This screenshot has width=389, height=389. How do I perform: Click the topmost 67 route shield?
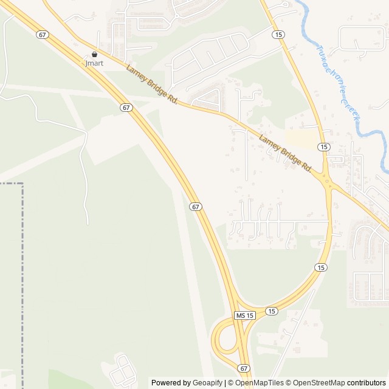coord(41,35)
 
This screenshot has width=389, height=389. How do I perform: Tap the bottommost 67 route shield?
coord(244,368)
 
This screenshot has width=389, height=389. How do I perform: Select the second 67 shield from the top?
coord(126,107)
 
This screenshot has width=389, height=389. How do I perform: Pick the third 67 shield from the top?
coord(195,207)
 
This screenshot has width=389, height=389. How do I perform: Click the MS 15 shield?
coord(244,315)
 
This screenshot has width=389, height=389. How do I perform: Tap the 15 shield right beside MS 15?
coord(271,311)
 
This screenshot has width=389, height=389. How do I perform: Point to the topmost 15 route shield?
coord(278,34)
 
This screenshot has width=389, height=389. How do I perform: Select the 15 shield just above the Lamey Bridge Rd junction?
coord(323,147)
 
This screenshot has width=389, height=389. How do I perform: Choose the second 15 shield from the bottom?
coord(321,267)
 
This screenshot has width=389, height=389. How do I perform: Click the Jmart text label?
coord(94,63)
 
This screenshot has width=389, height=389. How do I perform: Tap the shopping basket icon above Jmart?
coord(94,54)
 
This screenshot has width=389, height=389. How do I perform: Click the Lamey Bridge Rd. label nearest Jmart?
coord(151,84)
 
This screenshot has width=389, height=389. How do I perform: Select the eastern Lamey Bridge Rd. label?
coord(285,153)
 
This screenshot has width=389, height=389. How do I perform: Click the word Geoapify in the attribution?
coord(208,383)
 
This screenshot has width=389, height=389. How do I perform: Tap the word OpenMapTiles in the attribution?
coord(260,383)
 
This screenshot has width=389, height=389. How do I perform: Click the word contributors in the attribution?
coord(366,383)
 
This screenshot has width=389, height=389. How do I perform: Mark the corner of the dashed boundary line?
coord(22,183)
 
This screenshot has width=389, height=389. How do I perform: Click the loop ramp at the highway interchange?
coord(220,340)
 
